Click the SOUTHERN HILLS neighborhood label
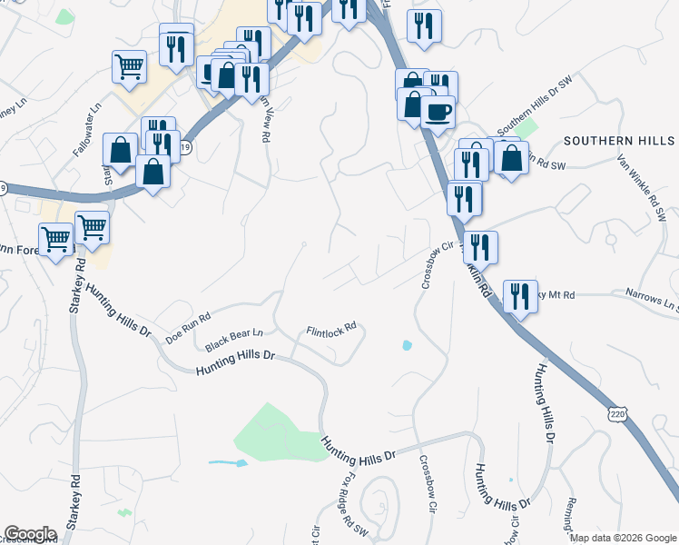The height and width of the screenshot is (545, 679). [x=619, y=141]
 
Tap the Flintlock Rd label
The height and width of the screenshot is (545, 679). [x=330, y=331]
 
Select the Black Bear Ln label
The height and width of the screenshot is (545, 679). [x=233, y=341]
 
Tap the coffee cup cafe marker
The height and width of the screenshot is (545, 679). [x=438, y=112]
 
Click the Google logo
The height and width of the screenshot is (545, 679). [x=30, y=534]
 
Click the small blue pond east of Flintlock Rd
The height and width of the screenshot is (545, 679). [x=406, y=345]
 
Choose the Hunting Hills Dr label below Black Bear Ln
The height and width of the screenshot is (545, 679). [x=235, y=362]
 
